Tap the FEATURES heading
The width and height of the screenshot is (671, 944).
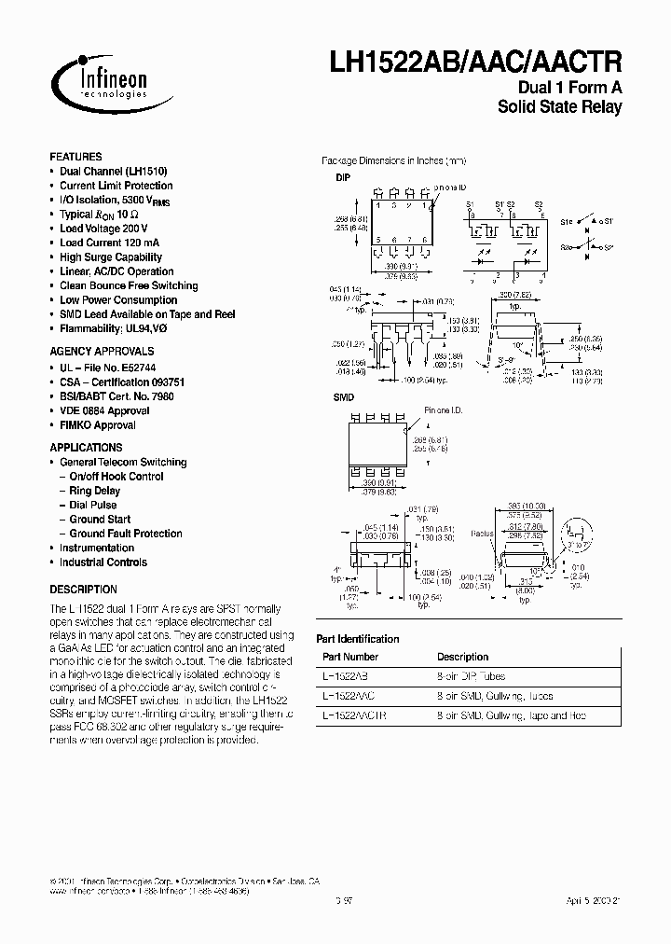75,157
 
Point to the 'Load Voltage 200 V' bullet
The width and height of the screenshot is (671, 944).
103,229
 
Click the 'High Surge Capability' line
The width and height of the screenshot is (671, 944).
110,257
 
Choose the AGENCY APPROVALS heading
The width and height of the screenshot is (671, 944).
102,352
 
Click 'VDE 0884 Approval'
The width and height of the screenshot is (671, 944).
103,410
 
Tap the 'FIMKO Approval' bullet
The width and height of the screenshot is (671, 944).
97,425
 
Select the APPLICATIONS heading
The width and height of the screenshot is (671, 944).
86,447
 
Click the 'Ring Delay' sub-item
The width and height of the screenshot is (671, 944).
94,491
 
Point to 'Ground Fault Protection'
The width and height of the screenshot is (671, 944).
126,534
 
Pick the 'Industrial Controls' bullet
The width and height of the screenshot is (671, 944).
103,562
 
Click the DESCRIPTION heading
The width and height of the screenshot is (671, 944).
83,590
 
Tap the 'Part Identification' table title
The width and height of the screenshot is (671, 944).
358,639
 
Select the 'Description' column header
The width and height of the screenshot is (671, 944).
462,657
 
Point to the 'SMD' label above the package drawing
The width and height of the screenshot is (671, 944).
344,397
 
